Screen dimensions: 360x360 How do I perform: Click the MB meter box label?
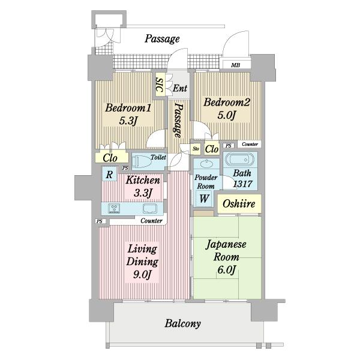pos(235,65)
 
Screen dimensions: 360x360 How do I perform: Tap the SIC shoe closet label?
pos(160,85)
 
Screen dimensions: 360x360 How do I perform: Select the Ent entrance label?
pos(180,88)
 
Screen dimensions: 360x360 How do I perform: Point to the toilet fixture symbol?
pos(142,161)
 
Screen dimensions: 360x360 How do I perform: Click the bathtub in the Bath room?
pos(239,160)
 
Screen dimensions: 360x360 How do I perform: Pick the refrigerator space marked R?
pos(109,175)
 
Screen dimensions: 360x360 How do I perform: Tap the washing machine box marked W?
pos(204,199)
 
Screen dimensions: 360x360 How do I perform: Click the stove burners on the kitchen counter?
pos(114,208)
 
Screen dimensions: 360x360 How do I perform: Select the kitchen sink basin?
pos(150,208)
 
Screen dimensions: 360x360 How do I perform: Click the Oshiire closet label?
pos(239,203)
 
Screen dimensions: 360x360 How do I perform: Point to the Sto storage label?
pos(196,149)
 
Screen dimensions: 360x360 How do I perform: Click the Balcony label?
pos(182,324)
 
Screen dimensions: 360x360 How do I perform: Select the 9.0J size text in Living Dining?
pos(142,274)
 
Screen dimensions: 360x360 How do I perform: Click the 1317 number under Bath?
pos(242,184)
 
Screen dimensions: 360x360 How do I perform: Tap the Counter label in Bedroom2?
pos(250,144)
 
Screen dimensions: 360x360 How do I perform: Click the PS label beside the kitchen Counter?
pos(99,221)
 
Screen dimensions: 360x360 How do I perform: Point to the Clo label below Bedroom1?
pos(110,158)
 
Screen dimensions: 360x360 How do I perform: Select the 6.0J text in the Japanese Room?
pos(226,270)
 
